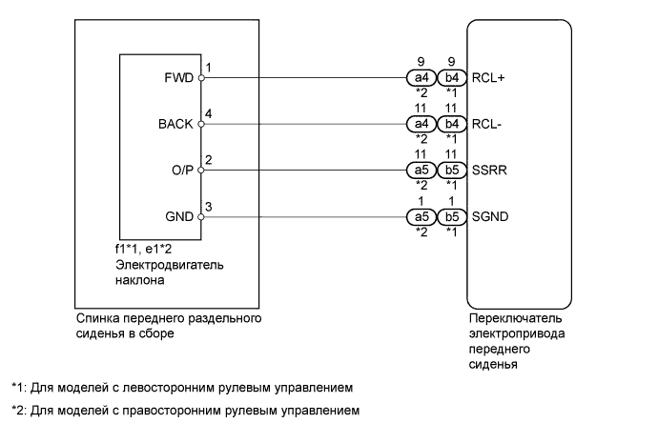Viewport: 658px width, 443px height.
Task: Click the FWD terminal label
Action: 181,79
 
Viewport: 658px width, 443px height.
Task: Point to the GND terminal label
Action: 180,217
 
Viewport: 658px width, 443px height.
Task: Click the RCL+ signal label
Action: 488,79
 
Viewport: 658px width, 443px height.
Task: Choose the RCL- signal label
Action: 486,125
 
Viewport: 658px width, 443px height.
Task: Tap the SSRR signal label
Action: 488,171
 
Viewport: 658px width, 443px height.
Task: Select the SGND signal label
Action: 490,217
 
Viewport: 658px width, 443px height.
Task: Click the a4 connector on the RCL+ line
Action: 420,79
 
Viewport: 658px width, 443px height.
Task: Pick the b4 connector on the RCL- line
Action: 451,125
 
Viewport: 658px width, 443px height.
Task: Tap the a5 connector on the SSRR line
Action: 420,171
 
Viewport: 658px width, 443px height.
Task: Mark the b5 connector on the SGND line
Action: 451,217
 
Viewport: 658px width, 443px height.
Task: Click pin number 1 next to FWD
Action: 208,69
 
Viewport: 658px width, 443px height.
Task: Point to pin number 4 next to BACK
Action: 208,114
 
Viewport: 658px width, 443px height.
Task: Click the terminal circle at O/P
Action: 200,171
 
